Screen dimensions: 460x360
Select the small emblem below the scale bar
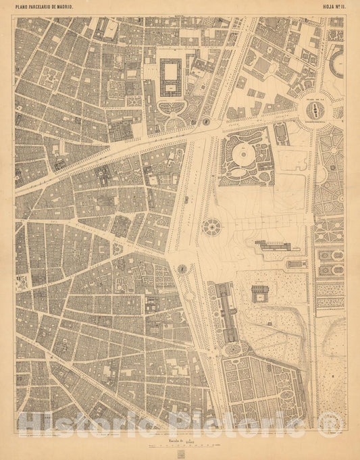(180, 453)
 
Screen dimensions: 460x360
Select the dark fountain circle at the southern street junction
(182, 269)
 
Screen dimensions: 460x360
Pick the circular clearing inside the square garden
(241, 156)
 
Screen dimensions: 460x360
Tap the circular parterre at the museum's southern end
(234, 350)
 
